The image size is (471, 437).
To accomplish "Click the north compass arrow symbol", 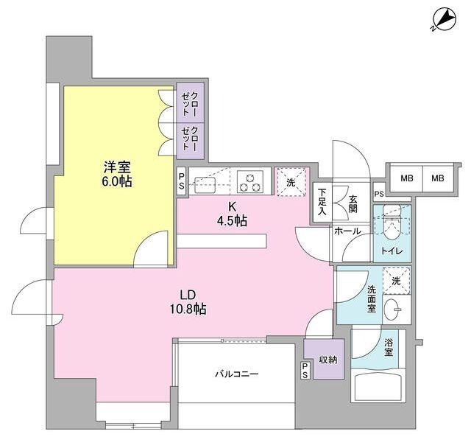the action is [445, 22].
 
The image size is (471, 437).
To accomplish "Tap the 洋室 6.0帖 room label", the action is [118, 175].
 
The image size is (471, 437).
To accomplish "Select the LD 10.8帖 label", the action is [188, 301].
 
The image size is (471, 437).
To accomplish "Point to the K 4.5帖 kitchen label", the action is [232, 214].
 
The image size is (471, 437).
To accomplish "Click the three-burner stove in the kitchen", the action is [250, 181].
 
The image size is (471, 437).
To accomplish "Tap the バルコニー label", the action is [237, 374].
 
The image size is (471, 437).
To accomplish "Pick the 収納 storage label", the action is [328, 360].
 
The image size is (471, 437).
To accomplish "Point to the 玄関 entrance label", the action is [353, 204].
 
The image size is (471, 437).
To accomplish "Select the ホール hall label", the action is [347, 231].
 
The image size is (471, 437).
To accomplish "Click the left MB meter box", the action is [406, 178].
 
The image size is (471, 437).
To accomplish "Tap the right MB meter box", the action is [438, 178].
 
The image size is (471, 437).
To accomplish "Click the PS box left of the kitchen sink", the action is [182, 181].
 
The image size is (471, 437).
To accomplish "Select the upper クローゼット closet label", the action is [190, 104].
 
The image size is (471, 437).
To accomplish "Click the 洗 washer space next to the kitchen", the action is [291, 182].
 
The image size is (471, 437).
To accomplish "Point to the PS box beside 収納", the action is [305, 370].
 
